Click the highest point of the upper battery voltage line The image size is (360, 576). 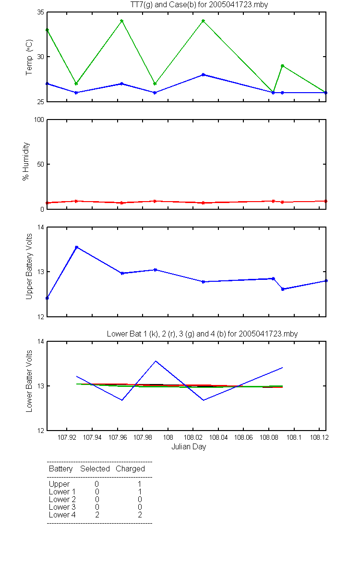pyautogui.click(x=76, y=247)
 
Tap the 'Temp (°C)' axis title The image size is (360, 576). pyautogui.click(x=29, y=57)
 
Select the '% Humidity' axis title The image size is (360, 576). pyautogui.click(x=26, y=161)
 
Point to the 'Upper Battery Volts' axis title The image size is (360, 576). pyautogui.click(x=29, y=266)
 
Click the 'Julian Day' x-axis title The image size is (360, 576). pyautogui.click(x=189, y=447)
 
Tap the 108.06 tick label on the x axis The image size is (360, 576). pyautogui.click(x=243, y=437)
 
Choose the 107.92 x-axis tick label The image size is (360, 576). pyautogui.click(x=67, y=437)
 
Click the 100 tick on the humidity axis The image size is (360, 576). pyautogui.click(x=39, y=120)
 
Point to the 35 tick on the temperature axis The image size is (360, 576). pyautogui.click(x=41, y=12)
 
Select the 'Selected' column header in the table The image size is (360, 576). pyautogui.click(x=95, y=469)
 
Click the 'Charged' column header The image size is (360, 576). pyautogui.click(x=130, y=469)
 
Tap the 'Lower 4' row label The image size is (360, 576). pyautogui.click(x=62, y=515)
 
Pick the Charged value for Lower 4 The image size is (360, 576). pyautogui.click(x=140, y=515)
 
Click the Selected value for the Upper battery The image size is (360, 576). pyautogui.click(x=96, y=484)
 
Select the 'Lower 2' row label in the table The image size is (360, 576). pyautogui.click(x=62, y=499)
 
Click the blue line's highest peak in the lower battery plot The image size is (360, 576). pyautogui.click(x=156, y=361)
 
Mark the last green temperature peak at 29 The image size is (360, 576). pyautogui.click(x=282, y=66)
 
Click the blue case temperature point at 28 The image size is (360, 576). pyautogui.click(x=203, y=74)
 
